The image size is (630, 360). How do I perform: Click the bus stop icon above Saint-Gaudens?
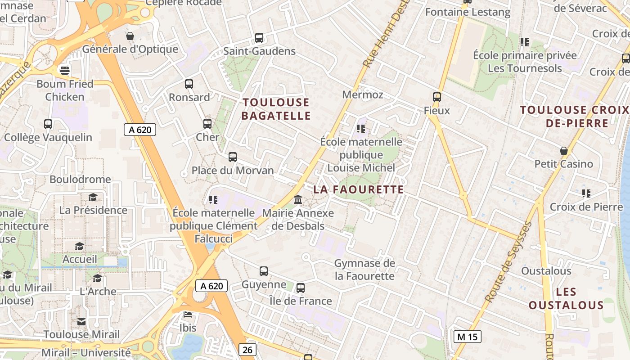coord(259,38)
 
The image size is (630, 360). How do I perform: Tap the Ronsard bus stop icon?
coord(189,84)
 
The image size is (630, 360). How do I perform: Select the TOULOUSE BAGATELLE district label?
coord(276,109)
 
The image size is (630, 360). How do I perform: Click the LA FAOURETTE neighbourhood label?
coord(358,189)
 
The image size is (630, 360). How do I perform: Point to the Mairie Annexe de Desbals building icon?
coord(298,199)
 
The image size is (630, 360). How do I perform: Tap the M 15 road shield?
coord(467,337)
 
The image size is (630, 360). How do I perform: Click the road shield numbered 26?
coord(247,350)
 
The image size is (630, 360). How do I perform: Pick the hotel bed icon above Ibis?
coord(188,314)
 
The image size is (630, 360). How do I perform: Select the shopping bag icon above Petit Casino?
coord(563,150)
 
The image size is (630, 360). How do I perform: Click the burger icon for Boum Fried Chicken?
coord(65,70)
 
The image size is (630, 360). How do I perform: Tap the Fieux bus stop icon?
coord(436,97)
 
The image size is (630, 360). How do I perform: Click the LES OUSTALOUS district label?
coord(566,298)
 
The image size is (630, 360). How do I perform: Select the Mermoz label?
coord(363,94)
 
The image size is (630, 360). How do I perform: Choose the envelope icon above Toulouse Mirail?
coord(81,321)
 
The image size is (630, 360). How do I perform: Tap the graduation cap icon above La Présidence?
coord(93,197)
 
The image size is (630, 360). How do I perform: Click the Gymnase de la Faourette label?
coord(364,270)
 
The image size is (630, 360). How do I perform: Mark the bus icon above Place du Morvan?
coord(233,157)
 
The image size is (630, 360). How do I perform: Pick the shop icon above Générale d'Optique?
coord(130,36)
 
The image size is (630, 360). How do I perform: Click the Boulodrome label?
coord(80,179)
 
